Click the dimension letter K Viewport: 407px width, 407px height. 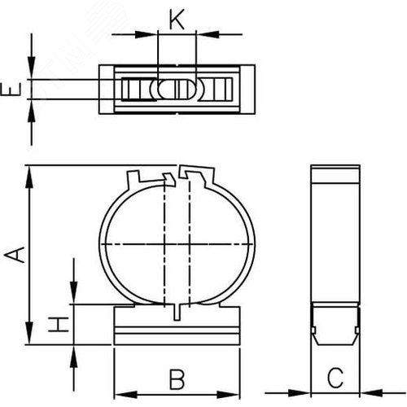pyautogui.click(x=177, y=20)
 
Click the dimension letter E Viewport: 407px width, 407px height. pyautogui.click(x=11, y=90)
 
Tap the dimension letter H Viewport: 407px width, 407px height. pyautogui.click(x=59, y=324)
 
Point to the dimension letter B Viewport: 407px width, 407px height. pyautogui.click(x=177, y=379)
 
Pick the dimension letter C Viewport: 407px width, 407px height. pyautogui.click(x=335, y=378)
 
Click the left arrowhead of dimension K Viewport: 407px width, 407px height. pyautogui.click(x=147, y=34)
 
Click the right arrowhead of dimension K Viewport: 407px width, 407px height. pyautogui.click(x=208, y=34)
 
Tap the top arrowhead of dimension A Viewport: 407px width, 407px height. pyautogui.click(x=29, y=177)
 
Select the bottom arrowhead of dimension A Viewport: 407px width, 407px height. pyautogui.click(x=29, y=333)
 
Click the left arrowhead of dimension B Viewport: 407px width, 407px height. pyautogui.click(x=126, y=395)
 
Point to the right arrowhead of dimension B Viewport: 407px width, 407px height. pyautogui.click(x=229, y=395)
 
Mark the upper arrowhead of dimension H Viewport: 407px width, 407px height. pyautogui.click(x=73, y=293)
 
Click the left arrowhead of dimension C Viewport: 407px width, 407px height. pyautogui.click(x=300, y=392)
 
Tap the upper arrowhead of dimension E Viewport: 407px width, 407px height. pyautogui.click(x=32, y=68)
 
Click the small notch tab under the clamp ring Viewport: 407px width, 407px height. pyautogui.click(x=177, y=312)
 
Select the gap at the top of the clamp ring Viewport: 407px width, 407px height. pyautogui.click(x=178, y=173)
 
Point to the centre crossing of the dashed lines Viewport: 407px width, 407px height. pyautogui.click(x=177, y=245)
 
